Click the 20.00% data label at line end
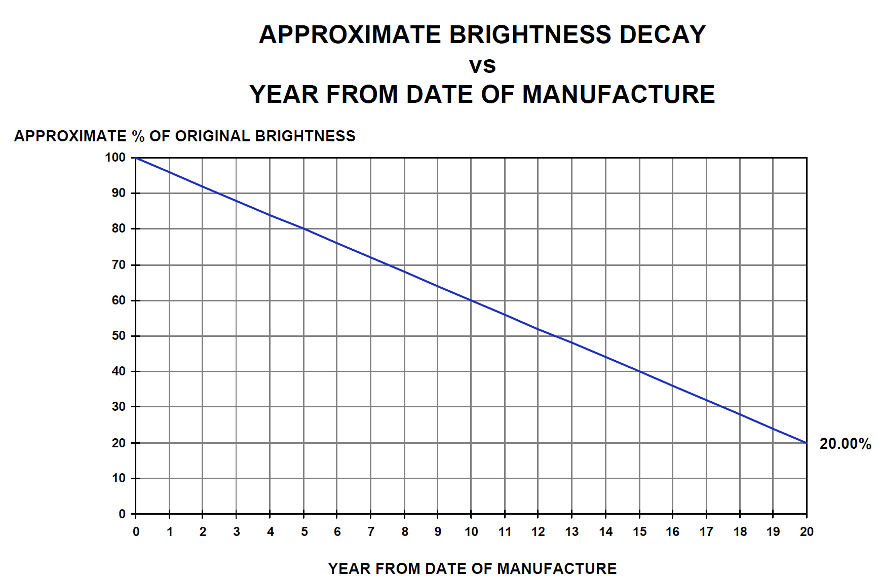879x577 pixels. point(845,444)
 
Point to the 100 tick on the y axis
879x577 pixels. point(116,158)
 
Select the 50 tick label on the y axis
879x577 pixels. point(119,336)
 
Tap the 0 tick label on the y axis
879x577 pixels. point(122,514)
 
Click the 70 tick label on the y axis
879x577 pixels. point(119,265)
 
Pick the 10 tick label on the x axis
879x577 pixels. point(471,531)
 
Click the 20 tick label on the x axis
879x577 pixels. point(807,531)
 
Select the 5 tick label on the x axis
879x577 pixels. point(304,531)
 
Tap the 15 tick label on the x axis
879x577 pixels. point(639,531)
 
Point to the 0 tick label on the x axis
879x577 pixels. point(136,531)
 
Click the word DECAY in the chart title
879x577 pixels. point(662,35)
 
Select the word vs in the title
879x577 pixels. point(482,65)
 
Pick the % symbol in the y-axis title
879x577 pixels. point(138,136)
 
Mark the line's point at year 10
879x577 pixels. point(471,300)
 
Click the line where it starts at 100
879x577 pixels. point(136,158)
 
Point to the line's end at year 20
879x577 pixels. point(807,443)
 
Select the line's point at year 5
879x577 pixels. point(304,229)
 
